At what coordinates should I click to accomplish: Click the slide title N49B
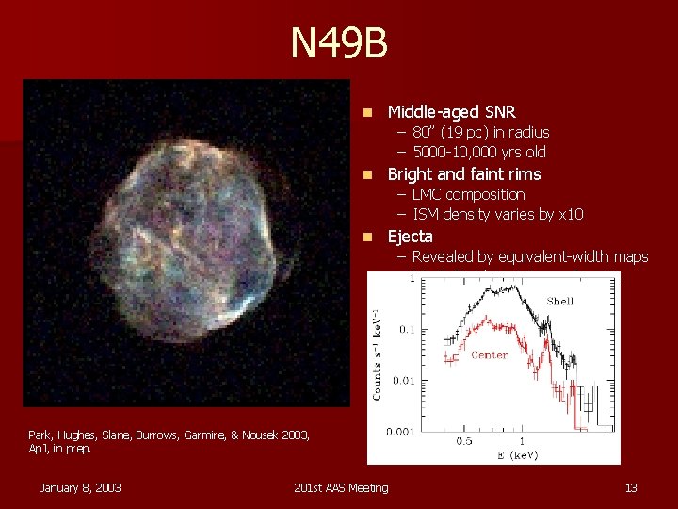click(x=339, y=43)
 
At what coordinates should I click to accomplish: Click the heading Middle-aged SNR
click(x=451, y=112)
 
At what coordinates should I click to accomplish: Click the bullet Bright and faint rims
click(x=464, y=174)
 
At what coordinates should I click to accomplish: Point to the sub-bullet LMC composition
click(x=468, y=194)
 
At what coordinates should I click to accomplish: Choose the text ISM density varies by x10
click(x=497, y=214)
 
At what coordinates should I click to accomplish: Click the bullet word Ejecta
click(x=411, y=237)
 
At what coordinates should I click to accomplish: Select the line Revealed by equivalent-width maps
click(x=530, y=256)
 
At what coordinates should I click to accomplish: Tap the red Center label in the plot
click(x=489, y=355)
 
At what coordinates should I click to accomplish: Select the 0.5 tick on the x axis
click(x=464, y=441)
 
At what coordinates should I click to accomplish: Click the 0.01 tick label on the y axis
click(x=405, y=380)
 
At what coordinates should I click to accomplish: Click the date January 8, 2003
click(x=79, y=486)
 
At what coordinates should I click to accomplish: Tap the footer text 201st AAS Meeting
click(x=340, y=486)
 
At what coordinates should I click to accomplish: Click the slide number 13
click(x=631, y=486)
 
